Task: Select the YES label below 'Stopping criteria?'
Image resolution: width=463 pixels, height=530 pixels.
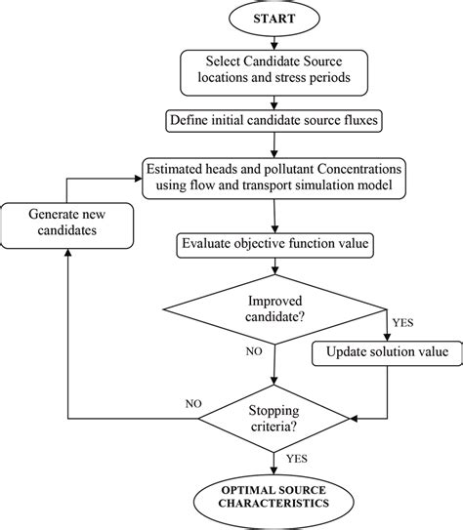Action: coord(297,457)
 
